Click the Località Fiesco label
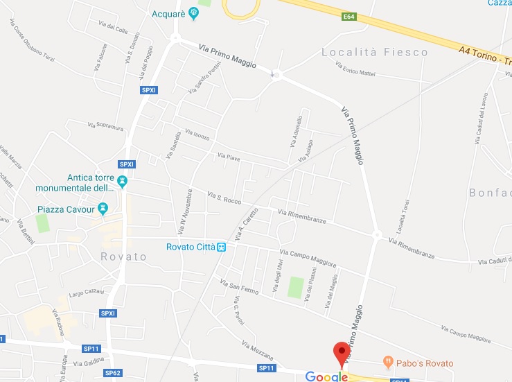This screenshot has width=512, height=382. [x=374, y=52]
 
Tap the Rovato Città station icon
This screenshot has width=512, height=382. [x=221, y=247]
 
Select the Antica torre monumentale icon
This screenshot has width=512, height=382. [x=123, y=182]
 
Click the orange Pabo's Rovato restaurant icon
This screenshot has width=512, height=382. [x=388, y=362]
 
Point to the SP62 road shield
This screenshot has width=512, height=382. [x=112, y=373]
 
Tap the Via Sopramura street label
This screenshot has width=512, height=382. [x=105, y=126]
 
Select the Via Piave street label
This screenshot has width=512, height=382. [x=229, y=157]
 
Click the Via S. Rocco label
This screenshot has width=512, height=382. [x=223, y=199]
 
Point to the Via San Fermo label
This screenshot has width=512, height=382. [x=239, y=287]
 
